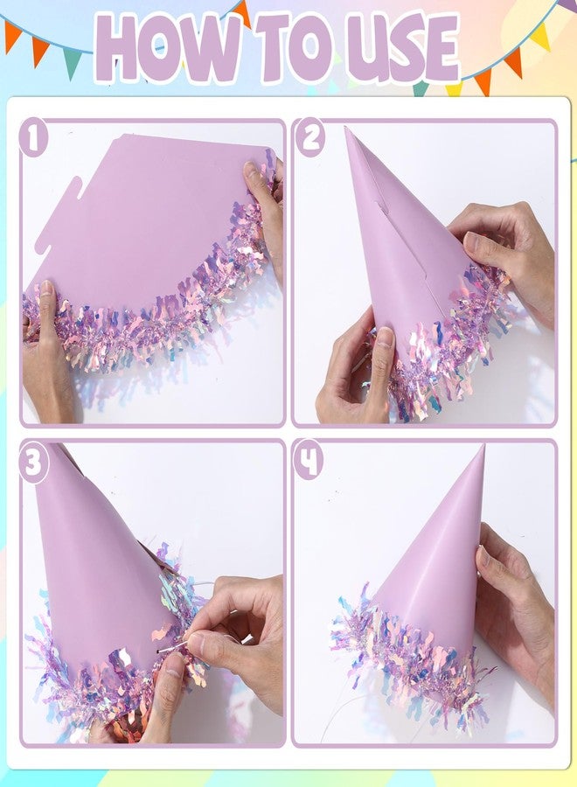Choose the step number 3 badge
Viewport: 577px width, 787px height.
(x=33, y=463)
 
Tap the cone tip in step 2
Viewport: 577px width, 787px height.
(x=347, y=129)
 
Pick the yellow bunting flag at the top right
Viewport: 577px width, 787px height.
(x=541, y=36)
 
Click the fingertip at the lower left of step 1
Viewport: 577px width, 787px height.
(x=46, y=289)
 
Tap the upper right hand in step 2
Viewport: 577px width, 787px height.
(x=504, y=256)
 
